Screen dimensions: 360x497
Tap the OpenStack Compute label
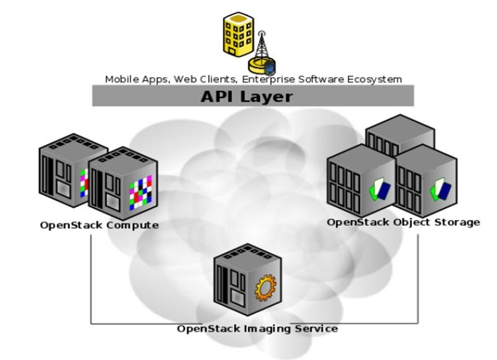tap(99, 225)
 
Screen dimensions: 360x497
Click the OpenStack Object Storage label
tap(403, 222)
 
